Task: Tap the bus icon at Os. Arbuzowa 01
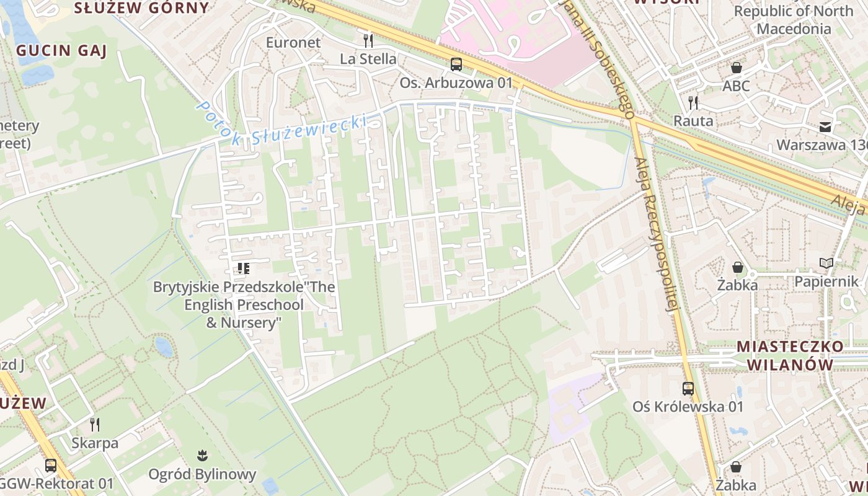coord(456,64)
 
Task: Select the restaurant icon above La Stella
coord(368,41)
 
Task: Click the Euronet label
coord(293,42)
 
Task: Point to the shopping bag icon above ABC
coord(737,68)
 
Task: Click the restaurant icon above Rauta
coord(693,102)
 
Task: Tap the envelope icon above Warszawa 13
coord(825,127)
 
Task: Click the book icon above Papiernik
coord(826,263)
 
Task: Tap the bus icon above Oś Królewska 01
coord(688,389)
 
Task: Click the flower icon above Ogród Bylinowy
coord(201,456)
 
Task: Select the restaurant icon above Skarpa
coord(95,425)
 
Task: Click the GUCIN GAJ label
coord(62,51)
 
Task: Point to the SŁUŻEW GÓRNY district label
coord(141,8)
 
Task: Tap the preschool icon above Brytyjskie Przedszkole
coord(243,268)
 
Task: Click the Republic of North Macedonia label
coord(794,20)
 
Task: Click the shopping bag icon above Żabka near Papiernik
coord(738,267)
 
